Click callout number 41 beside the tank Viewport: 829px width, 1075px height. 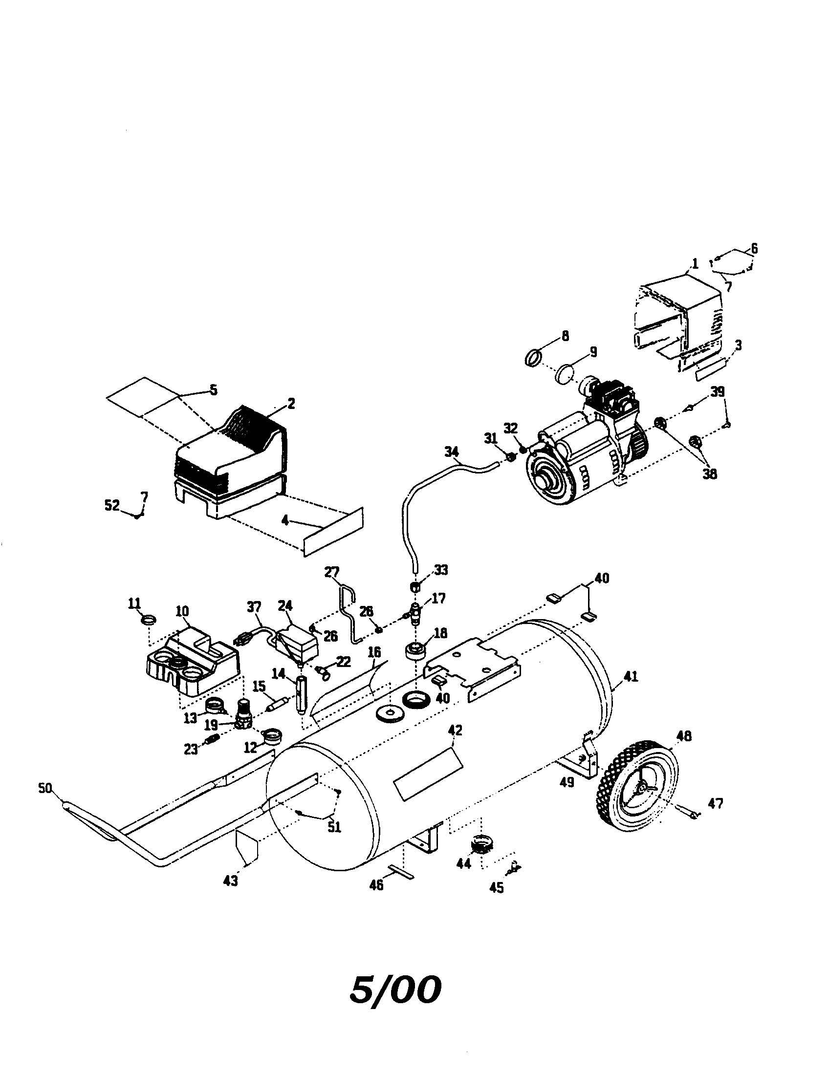[x=631, y=676]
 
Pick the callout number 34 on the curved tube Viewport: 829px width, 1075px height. [x=451, y=451]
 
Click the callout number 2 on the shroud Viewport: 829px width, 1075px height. [x=291, y=404]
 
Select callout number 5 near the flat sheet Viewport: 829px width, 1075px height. [x=213, y=390]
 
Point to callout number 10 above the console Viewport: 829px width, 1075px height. [x=182, y=611]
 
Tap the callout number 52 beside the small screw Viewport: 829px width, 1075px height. [x=112, y=505]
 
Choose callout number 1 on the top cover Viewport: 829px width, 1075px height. [x=694, y=264]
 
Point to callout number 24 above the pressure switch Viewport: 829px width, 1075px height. [x=285, y=604]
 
